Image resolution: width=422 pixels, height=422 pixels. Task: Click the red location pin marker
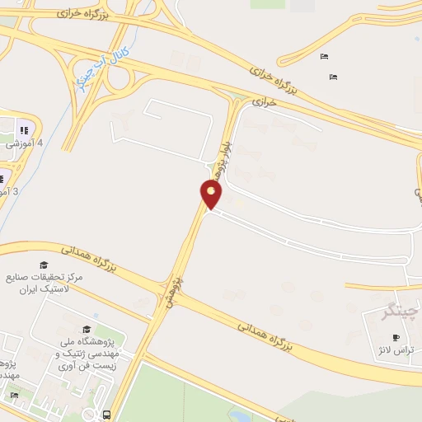(211, 195)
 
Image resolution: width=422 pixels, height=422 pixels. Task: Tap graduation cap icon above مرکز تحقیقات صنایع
(43, 265)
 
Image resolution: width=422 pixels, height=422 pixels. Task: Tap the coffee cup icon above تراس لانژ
(396, 337)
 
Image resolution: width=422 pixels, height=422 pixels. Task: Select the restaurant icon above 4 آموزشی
(23, 129)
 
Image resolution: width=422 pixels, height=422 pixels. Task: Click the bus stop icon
(106, 414)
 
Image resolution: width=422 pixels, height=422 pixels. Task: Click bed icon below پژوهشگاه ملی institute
(13, 396)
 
